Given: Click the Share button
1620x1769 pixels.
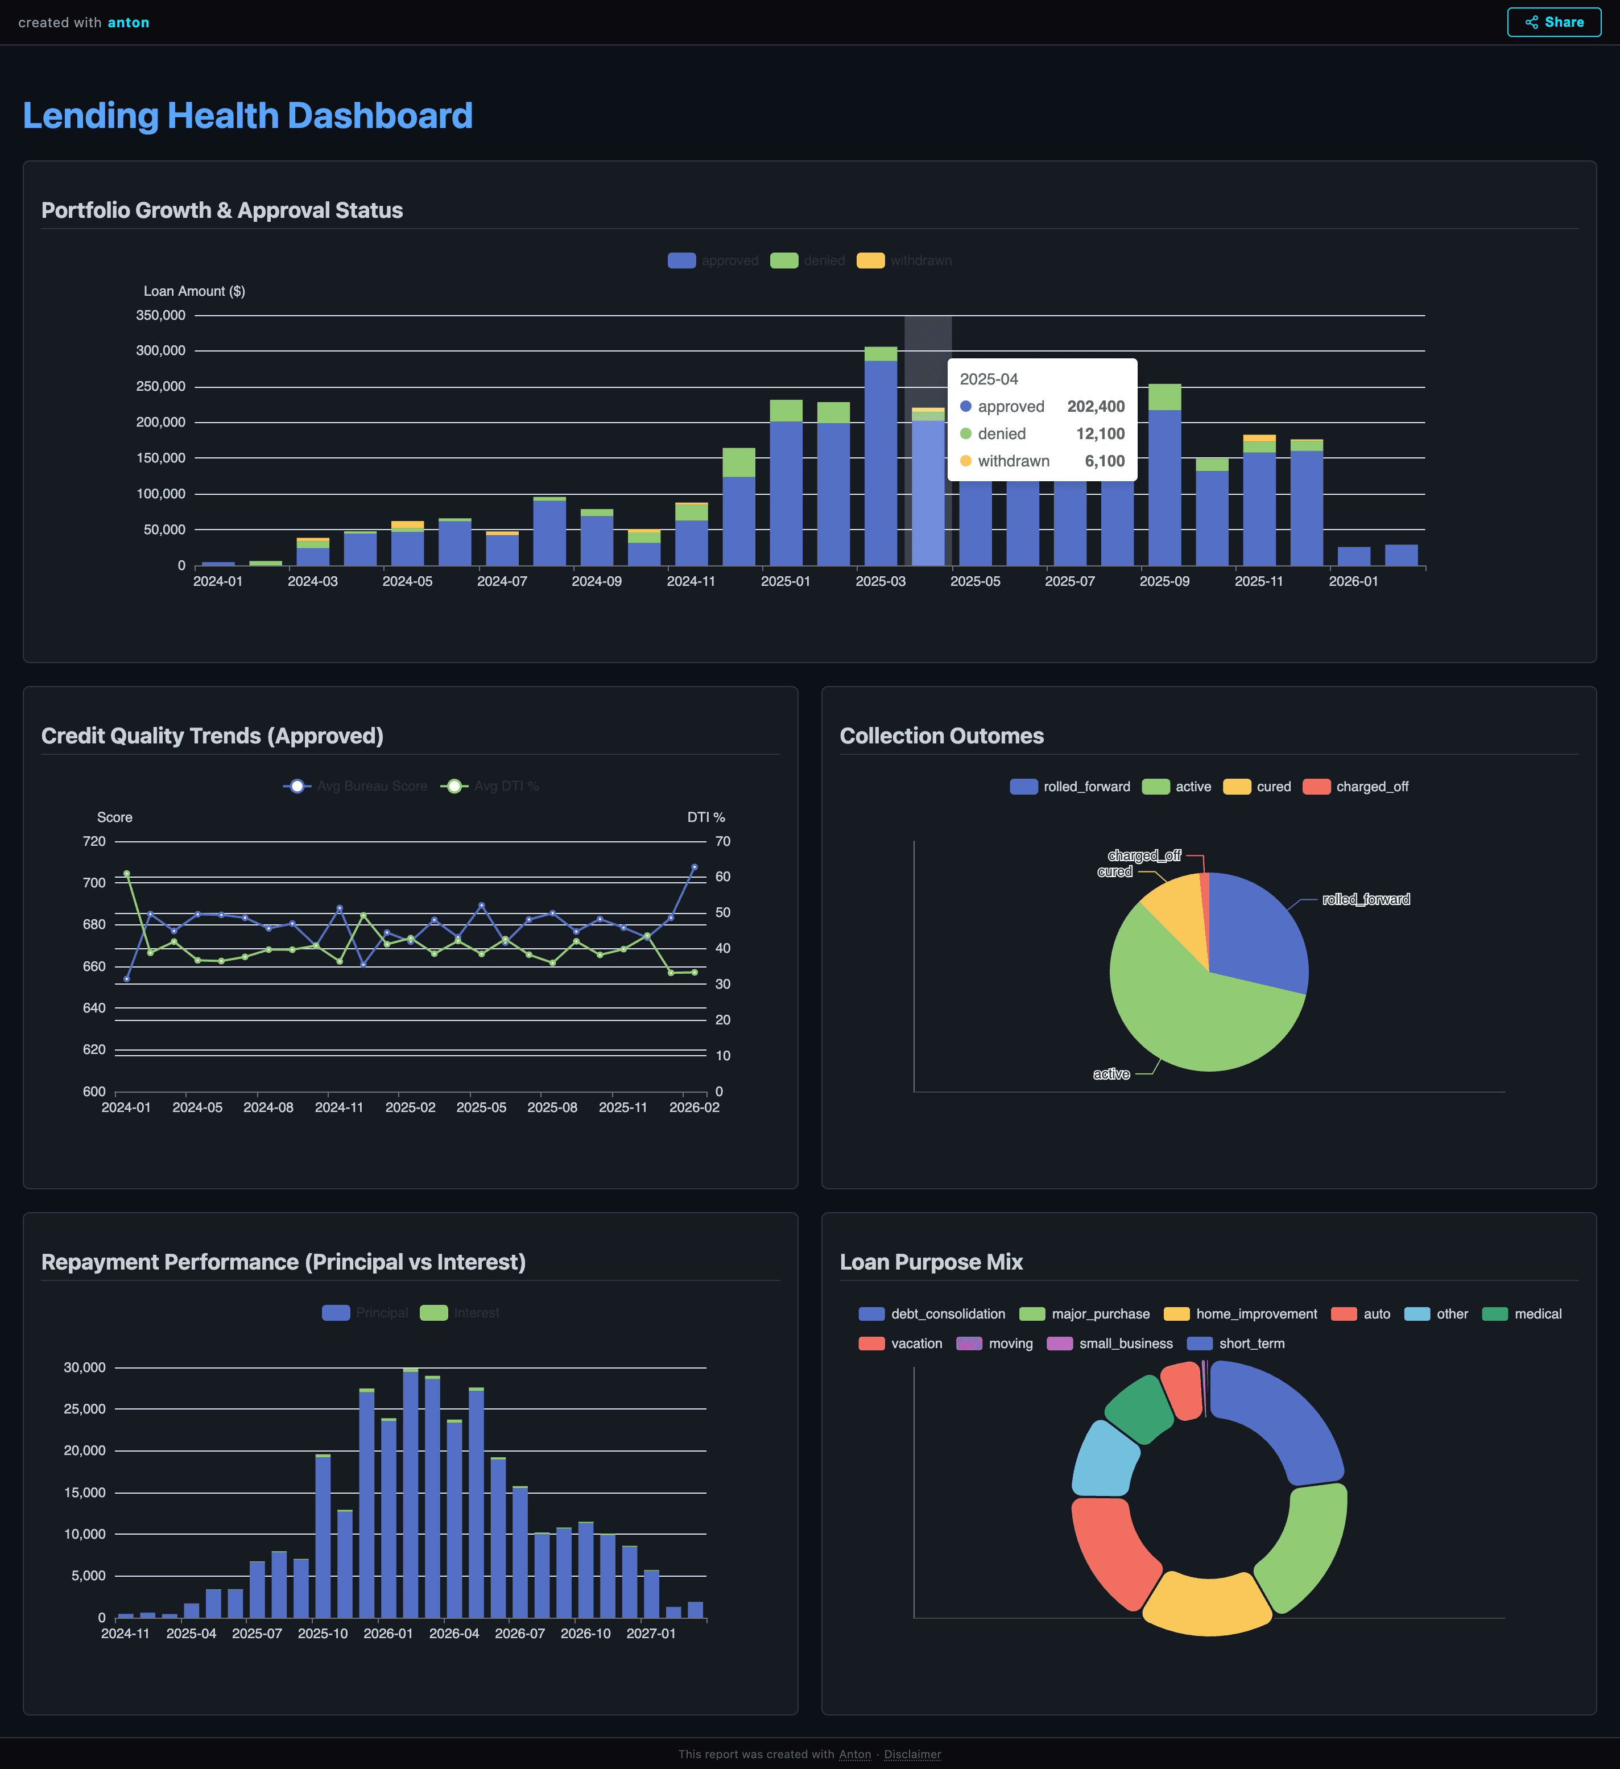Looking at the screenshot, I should [1553, 22].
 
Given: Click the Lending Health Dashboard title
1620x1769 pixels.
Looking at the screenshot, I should [247, 116].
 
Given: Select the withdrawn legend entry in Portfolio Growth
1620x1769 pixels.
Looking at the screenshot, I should [904, 261].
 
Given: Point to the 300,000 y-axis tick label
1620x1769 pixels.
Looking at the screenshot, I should [160, 351].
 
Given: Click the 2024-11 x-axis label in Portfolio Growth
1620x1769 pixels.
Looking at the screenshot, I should [691, 581].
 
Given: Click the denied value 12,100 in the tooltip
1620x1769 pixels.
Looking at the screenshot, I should [1100, 433].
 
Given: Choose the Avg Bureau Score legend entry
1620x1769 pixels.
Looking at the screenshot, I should [356, 786].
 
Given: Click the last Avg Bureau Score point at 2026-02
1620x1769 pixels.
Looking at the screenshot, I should [694, 867].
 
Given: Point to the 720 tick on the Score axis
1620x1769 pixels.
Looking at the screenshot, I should [94, 841].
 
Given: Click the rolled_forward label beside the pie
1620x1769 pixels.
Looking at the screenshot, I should [1366, 899].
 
